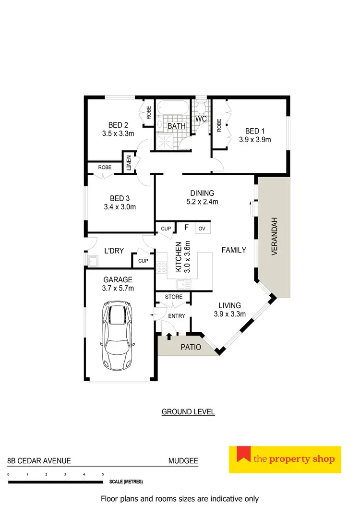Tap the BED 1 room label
(x=255, y=131)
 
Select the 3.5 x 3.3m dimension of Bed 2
(x=118, y=134)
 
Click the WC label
(x=201, y=119)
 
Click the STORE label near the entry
(x=174, y=297)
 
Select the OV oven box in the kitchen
(x=202, y=229)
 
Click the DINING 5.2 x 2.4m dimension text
(x=202, y=202)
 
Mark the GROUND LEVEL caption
(x=188, y=411)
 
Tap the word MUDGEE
(x=183, y=461)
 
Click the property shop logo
(x=285, y=459)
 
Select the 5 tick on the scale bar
(x=103, y=474)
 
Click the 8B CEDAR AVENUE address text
(x=39, y=461)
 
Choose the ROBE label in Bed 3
(x=105, y=168)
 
